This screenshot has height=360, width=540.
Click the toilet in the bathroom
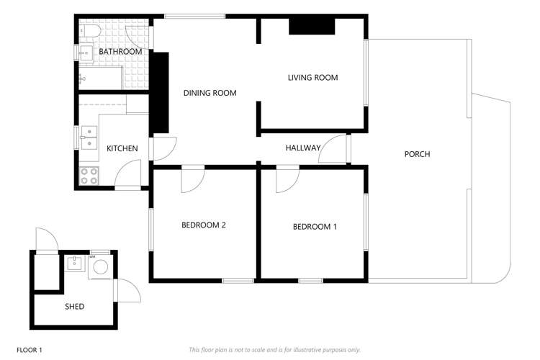pyautogui.click(x=90, y=32)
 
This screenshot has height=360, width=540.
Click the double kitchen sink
pyautogui.click(x=89, y=137)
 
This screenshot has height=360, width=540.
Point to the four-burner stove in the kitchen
pyautogui.click(x=89, y=176)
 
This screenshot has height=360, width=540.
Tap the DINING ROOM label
pyautogui.click(x=210, y=93)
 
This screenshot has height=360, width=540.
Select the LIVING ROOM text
pyautogui.click(x=312, y=78)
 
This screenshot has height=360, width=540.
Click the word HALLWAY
pyautogui.click(x=302, y=148)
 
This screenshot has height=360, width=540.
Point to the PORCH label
pyautogui.click(x=418, y=154)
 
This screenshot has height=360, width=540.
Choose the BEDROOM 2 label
pyautogui.click(x=203, y=225)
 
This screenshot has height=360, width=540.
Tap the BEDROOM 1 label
pyautogui.click(x=315, y=227)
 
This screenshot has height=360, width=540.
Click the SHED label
pyautogui.click(x=74, y=307)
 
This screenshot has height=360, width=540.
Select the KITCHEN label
pyautogui.click(x=122, y=149)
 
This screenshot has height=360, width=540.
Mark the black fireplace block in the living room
pyautogui.click(x=312, y=26)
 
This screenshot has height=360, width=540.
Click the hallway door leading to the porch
pyautogui.click(x=335, y=148)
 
